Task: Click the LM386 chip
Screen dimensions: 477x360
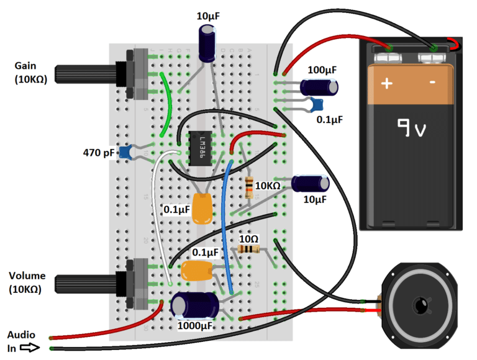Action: (x=200, y=148)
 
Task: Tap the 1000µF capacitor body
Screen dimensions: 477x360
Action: (x=194, y=305)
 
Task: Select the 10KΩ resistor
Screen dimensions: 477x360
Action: (x=249, y=187)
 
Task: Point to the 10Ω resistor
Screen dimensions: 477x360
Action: (x=248, y=250)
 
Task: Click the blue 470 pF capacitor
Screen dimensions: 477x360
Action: (x=125, y=153)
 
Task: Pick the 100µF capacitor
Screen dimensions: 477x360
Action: (x=319, y=87)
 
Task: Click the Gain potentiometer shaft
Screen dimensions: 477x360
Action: (x=86, y=74)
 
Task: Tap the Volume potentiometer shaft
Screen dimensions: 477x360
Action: (x=86, y=284)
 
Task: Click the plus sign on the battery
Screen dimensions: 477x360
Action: (x=387, y=83)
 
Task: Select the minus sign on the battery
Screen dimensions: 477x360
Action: (x=432, y=82)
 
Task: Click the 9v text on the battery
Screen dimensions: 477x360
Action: (x=411, y=128)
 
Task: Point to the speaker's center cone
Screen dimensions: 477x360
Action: (x=421, y=305)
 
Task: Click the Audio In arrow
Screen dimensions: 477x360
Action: (x=30, y=348)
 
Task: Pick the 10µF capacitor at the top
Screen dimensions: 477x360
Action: (x=207, y=43)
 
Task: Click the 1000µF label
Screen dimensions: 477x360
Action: (x=194, y=326)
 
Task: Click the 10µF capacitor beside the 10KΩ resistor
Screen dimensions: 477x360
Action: (x=311, y=183)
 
